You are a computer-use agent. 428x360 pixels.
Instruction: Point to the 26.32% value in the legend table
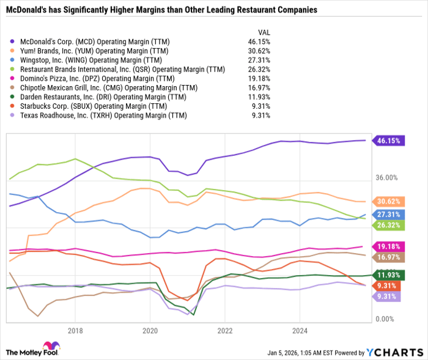(258, 69)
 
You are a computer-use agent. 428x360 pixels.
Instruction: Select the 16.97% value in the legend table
(258, 87)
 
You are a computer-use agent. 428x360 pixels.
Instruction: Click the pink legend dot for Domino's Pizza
(13, 78)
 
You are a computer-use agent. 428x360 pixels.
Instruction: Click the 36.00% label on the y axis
(386, 178)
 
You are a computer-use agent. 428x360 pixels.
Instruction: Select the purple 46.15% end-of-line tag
(389, 140)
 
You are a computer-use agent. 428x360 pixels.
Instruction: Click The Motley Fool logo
(37, 349)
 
